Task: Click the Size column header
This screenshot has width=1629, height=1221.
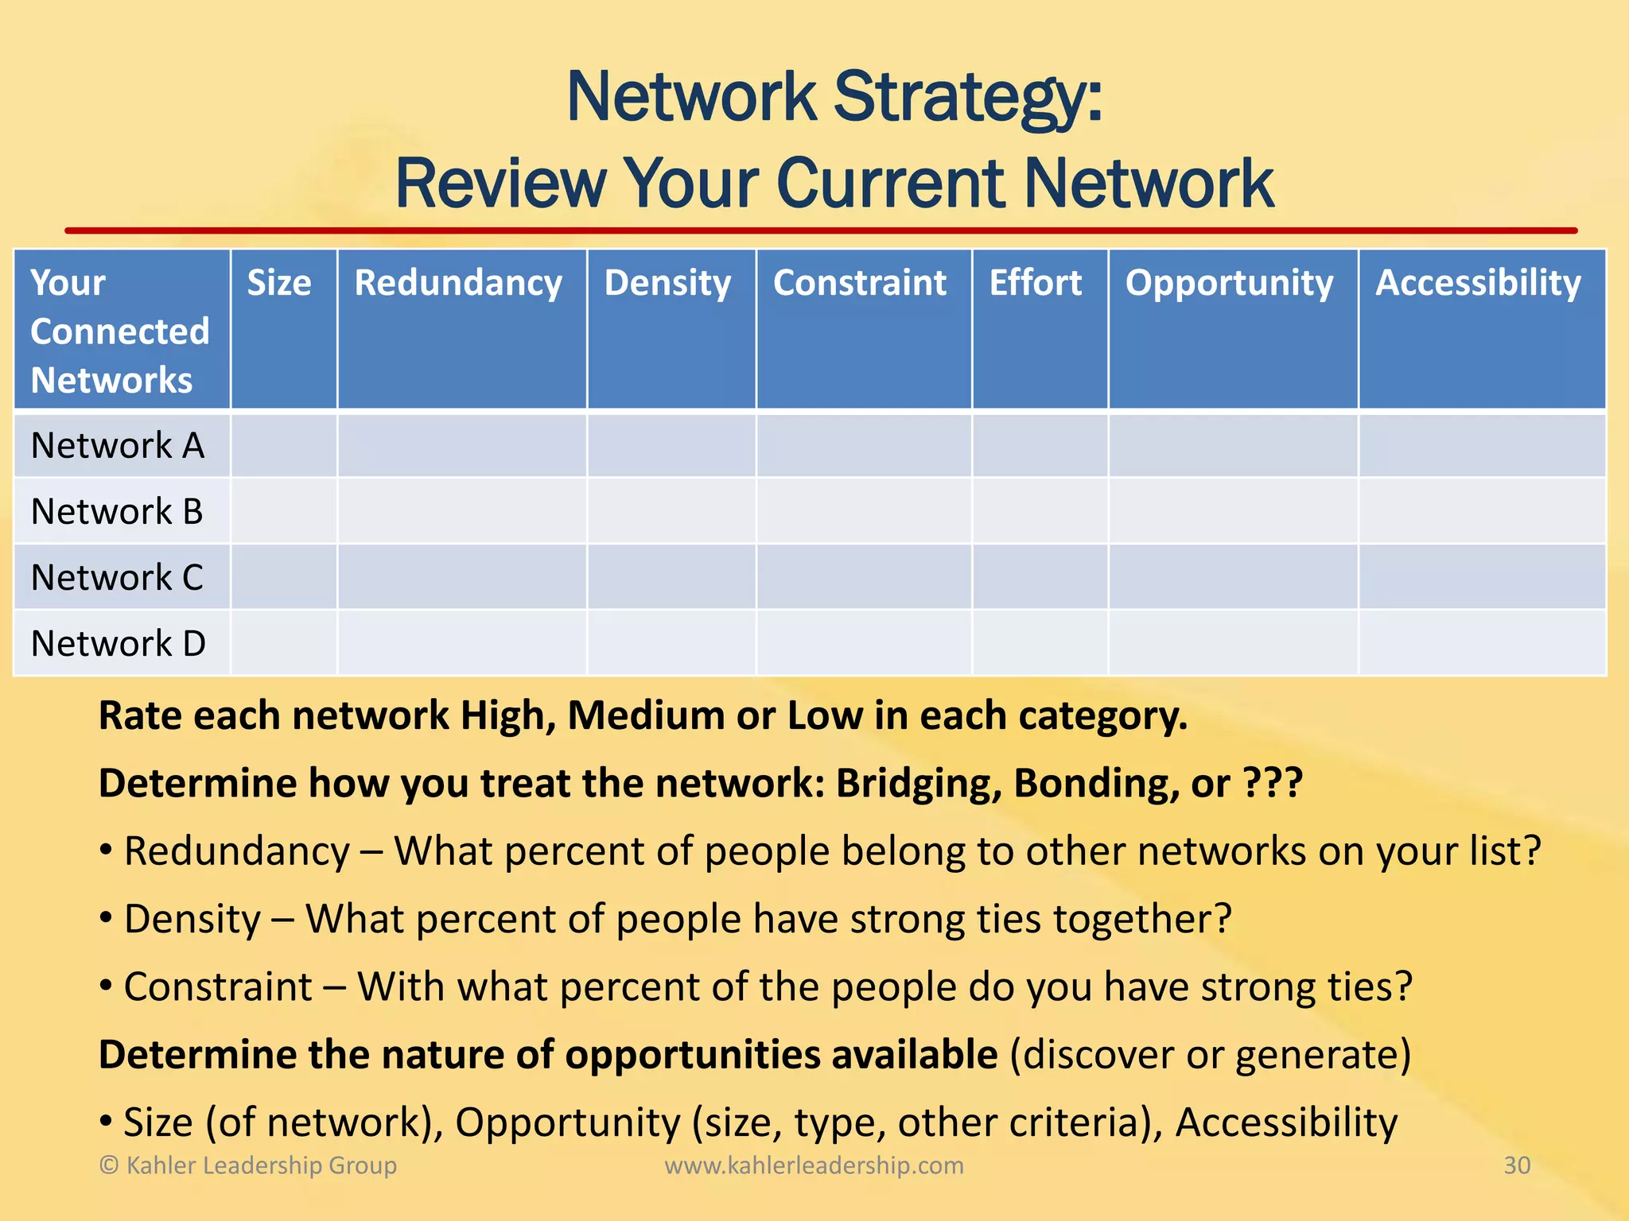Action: (x=279, y=284)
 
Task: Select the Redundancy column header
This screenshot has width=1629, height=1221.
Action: (x=458, y=284)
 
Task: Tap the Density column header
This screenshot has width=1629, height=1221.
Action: (x=667, y=284)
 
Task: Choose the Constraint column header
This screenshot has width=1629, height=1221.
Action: (x=860, y=284)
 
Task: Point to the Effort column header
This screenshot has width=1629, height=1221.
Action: (x=1036, y=284)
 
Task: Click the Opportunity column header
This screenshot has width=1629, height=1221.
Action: (x=1229, y=284)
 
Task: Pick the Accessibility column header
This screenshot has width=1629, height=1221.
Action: (x=1478, y=284)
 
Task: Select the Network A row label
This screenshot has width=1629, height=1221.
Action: (x=118, y=446)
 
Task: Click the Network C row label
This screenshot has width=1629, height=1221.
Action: (x=117, y=578)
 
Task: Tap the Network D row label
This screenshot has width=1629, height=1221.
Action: (x=118, y=644)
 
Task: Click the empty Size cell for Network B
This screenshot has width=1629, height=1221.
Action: (x=284, y=511)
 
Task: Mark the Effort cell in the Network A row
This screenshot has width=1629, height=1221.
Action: (x=1040, y=446)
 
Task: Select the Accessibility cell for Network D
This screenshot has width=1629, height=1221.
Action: (x=1481, y=643)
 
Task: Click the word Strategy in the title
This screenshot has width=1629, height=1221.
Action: (x=967, y=99)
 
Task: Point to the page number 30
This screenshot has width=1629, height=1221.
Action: (x=1517, y=1165)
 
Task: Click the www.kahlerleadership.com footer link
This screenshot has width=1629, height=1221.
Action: (x=814, y=1165)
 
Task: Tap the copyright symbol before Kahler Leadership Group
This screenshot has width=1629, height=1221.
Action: (x=109, y=1166)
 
